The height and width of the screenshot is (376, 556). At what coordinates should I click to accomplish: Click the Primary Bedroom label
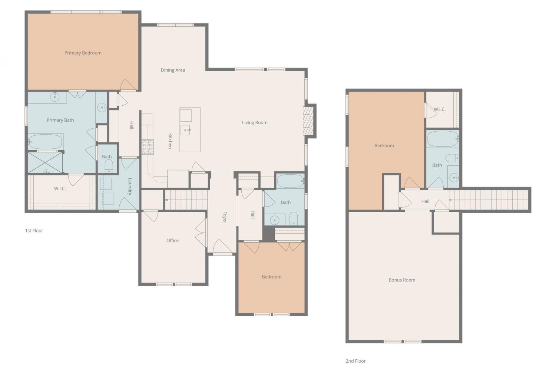[x=83, y=53]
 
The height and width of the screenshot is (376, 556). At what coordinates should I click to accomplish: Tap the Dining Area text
[x=173, y=70]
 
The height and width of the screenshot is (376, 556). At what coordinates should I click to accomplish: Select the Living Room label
[x=255, y=122]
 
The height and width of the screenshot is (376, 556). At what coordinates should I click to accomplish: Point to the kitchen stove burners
[x=148, y=147]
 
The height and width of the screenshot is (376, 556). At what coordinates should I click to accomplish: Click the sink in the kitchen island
[x=185, y=130]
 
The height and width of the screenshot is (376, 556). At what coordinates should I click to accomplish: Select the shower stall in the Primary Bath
[x=45, y=162]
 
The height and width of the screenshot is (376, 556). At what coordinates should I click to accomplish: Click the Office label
[x=172, y=240]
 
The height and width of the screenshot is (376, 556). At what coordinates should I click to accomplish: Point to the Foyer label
[x=225, y=217]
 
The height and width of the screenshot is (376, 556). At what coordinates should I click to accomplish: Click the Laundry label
[x=130, y=187]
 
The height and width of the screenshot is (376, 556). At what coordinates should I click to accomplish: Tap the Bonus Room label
[x=402, y=280]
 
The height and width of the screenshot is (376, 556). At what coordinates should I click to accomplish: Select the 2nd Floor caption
[x=356, y=361]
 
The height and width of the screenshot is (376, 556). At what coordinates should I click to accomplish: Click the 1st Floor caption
[x=34, y=231]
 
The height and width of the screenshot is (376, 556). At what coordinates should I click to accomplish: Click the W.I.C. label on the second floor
[x=440, y=109]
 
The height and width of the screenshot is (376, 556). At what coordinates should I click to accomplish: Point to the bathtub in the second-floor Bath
[x=443, y=139]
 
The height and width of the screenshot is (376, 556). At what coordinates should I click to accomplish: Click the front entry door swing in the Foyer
[x=223, y=246]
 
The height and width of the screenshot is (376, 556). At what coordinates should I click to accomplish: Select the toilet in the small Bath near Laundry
[x=109, y=166]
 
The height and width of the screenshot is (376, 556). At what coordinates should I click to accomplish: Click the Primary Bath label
[x=60, y=120]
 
